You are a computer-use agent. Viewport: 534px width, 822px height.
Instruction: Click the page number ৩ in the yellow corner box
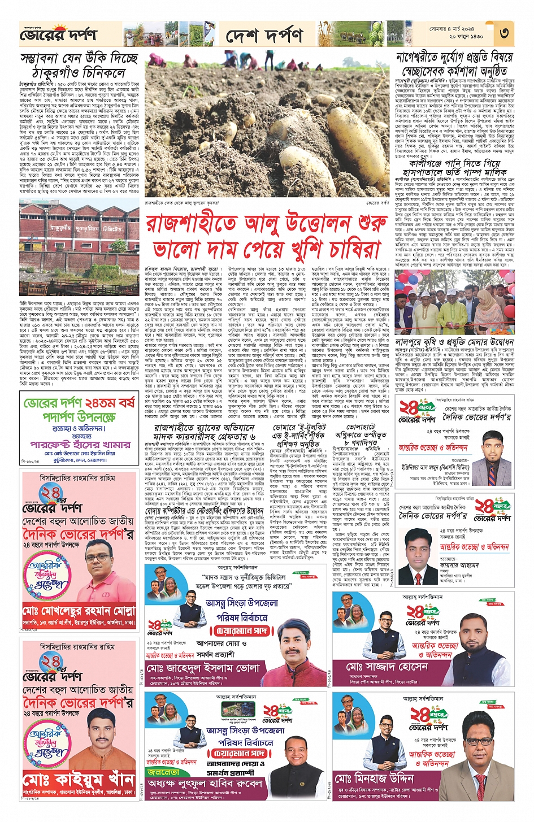click(x=504, y=33)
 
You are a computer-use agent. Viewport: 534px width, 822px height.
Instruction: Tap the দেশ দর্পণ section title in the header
click(x=264, y=36)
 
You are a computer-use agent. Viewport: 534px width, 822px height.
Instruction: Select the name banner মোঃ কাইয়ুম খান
click(x=79, y=780)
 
